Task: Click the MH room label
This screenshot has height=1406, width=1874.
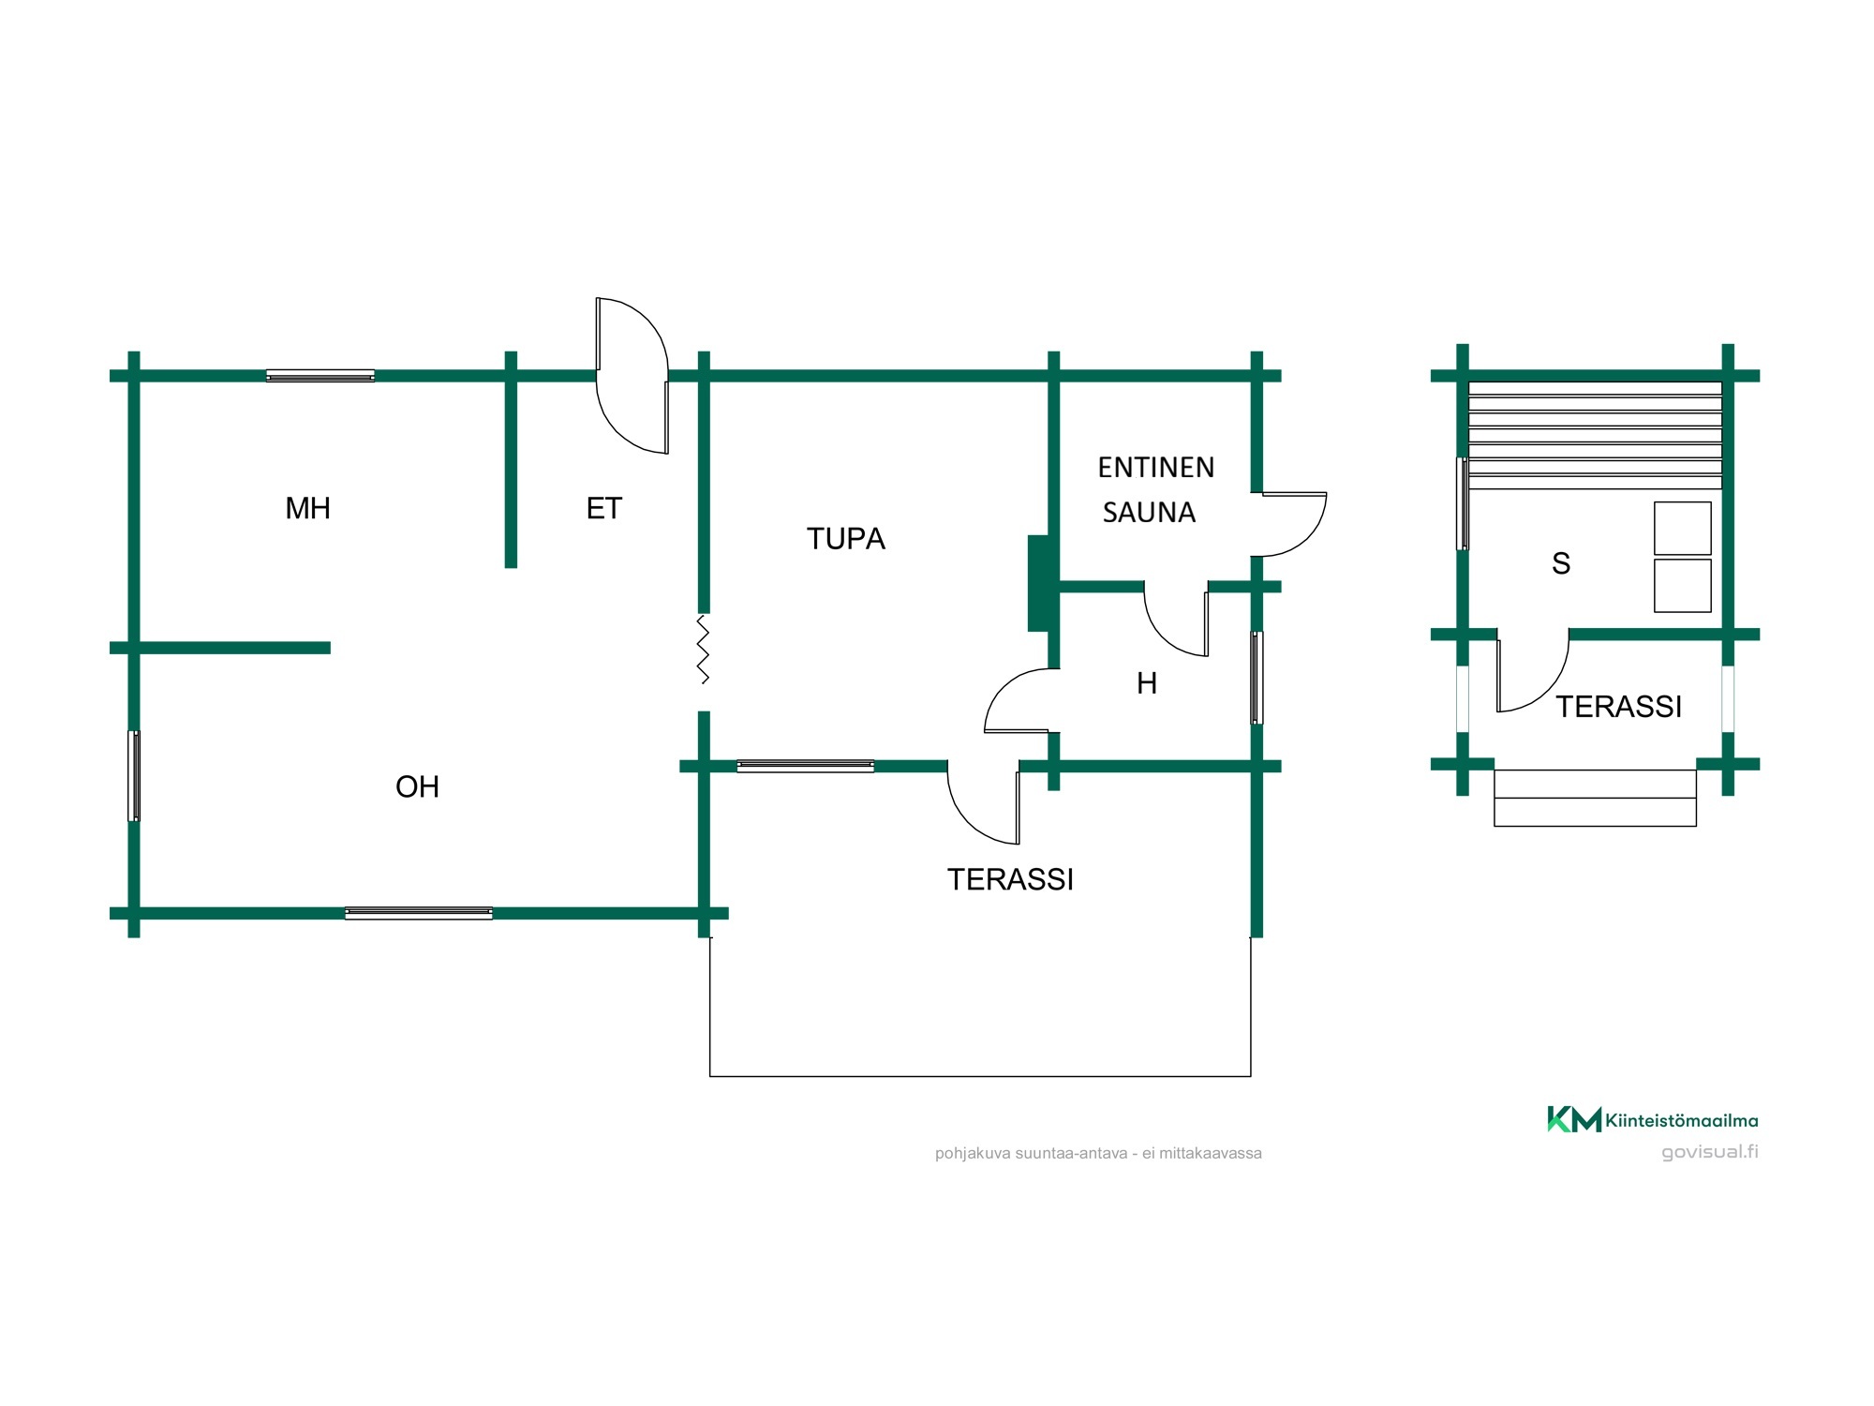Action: click(307, 508)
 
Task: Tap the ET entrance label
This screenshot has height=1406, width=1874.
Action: click(603, 508)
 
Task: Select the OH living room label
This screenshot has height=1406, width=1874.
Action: click(417, 786)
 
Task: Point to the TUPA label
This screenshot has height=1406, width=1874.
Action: click(845, 539)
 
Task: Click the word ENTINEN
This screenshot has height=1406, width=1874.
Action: click(1155, 467)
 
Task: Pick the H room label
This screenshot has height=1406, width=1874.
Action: click(1147, 683)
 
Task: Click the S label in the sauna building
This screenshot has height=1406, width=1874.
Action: click(1561, 563)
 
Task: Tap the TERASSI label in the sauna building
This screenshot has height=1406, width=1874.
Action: click(1618, 706)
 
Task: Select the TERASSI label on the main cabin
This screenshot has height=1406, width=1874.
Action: click(1010, 879)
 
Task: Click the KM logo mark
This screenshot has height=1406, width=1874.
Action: click(1573, 1119)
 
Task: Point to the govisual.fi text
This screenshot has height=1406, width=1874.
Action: click(1710, 1152)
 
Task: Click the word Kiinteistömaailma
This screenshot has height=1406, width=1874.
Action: click(1682, 1120)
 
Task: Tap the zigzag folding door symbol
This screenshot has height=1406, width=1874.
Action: click(703, 649)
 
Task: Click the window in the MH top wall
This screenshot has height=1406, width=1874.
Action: click(320, 376)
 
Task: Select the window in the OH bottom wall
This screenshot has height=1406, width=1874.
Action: click(419, 913)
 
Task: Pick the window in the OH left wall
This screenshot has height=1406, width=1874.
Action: click(134, 776)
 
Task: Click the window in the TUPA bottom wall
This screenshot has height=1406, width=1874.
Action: click(806, 766)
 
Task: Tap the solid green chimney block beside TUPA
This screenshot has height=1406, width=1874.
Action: click(1039, 583)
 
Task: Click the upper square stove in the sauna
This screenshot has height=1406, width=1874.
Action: click(1683, 528)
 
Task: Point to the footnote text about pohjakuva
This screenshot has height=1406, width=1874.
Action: click(1098, 1153)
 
